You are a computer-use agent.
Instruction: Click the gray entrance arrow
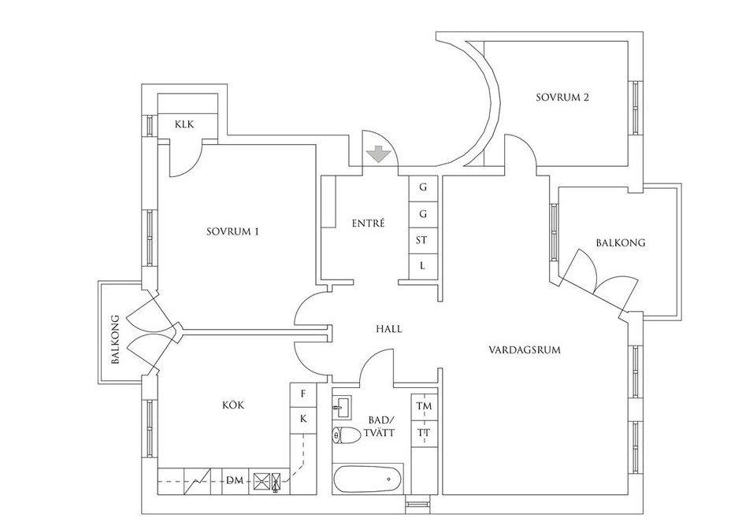[377, 154]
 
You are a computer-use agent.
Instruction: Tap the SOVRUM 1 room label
[233, 231]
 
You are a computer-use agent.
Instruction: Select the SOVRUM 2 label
[562, 98]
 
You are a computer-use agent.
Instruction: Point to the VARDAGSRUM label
[525, 350]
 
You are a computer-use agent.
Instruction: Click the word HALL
[389, 329]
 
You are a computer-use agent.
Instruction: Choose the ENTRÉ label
[369, 223]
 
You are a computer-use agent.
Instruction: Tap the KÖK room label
[233, 405]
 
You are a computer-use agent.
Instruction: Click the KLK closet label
[184, 125]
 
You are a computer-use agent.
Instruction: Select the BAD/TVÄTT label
[381, 426]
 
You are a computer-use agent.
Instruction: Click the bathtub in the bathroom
[368, 479]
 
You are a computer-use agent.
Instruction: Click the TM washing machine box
[424, 406]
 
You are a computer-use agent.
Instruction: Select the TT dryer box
[424, 433]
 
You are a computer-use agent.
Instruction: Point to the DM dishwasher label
[235, 481]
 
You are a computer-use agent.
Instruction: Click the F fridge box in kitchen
[302, 394]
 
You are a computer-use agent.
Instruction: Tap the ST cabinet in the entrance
[421, 241]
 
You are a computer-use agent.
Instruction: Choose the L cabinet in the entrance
[421, 266]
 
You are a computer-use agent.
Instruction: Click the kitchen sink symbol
[268, 482]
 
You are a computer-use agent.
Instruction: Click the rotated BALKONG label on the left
[116, 339]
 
